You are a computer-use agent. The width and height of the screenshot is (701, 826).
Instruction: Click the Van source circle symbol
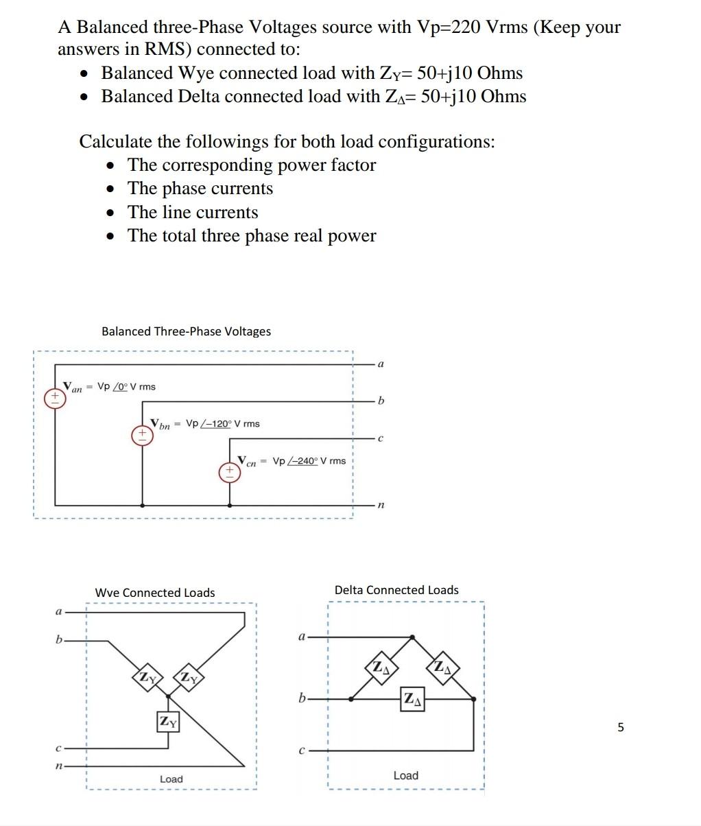coord(55,399)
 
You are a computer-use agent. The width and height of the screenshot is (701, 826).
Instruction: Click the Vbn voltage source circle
coord(142,435)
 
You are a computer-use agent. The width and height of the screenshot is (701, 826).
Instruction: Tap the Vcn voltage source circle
coord(229,472)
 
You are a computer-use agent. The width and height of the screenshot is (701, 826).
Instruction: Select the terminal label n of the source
coord(381,505)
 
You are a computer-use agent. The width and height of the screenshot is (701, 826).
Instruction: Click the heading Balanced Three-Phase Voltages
coord(186,331)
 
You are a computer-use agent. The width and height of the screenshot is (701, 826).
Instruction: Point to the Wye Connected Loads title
coord(155,593)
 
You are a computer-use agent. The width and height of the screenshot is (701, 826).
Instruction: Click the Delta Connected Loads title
coord(396,590)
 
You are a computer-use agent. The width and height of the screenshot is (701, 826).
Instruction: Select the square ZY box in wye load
coord(168,722)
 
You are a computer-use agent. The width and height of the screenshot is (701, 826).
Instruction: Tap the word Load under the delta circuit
coord(405,775)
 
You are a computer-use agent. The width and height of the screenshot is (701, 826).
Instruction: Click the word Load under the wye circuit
coord(171,779)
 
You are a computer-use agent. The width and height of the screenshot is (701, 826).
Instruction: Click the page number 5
coord(621,727)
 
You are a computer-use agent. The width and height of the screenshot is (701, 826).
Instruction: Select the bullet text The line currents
coord(193,212)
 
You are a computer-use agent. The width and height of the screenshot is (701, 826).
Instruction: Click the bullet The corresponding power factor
coord(252,165)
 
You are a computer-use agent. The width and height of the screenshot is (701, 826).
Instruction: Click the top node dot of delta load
coord(412,637)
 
